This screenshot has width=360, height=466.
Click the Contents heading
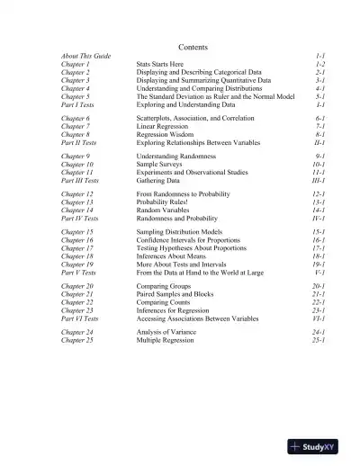(193, 47)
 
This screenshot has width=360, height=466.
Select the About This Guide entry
(86, 57)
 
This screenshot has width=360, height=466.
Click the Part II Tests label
(80, 142)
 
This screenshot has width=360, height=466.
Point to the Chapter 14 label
(78, 211)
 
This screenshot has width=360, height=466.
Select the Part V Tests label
(79, 273)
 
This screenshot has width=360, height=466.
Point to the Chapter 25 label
(78, 341)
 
